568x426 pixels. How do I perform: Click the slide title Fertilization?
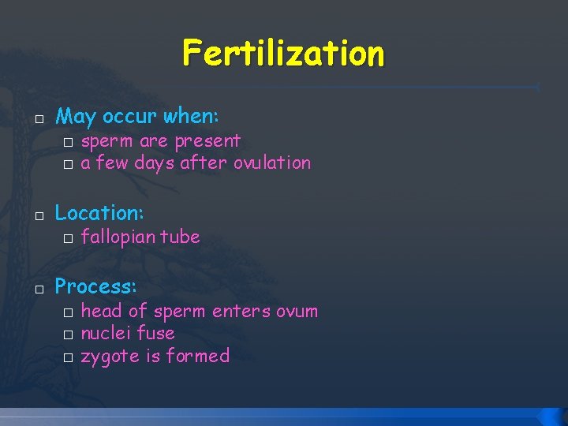coord(283,54)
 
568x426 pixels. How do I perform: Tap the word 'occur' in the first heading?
coord(130,118)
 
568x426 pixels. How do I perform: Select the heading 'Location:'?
coord(99,213)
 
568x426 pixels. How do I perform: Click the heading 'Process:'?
coord(95,286)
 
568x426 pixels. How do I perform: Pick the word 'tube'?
coord(181,237)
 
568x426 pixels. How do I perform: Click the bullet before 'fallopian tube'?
coord(69,238)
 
